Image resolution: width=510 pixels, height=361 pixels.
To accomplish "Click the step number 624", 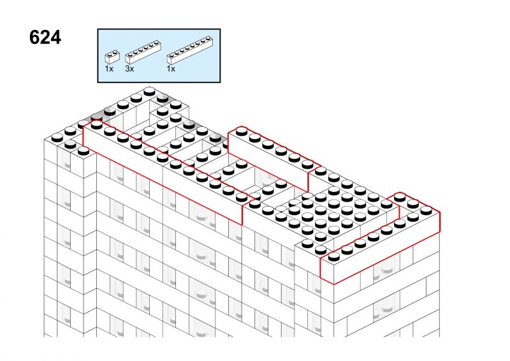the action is (45, 38).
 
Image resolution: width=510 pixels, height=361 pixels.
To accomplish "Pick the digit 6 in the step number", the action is (34, 38).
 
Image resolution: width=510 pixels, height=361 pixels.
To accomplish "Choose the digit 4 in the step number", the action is (55, 38).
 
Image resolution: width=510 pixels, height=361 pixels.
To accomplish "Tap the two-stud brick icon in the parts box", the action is (112, 57).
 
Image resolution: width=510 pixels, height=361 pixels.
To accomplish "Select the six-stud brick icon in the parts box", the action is (143, 52).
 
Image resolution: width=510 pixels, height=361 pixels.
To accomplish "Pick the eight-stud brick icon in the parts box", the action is (190, 50).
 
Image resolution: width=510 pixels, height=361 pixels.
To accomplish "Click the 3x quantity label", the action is (129, 69).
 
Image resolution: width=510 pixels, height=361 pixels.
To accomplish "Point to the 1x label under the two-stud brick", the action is (109, 69).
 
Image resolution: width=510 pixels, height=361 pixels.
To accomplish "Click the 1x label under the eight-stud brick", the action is (171, 69).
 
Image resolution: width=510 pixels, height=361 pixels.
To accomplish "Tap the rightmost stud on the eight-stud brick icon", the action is (208, 38).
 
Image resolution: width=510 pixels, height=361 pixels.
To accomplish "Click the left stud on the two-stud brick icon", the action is (109, 54).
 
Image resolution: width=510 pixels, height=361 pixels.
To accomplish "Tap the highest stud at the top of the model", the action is (149, 91).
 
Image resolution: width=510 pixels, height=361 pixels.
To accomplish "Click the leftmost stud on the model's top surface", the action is (57, 137).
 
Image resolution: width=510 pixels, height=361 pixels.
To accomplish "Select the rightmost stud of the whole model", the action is (426, 210).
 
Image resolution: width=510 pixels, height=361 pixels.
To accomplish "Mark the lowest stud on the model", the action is (333, 256).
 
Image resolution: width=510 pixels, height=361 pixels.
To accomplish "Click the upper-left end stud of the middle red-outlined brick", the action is (241, 131).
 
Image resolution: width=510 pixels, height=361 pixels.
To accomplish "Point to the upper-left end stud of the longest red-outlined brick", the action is (97, 124).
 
